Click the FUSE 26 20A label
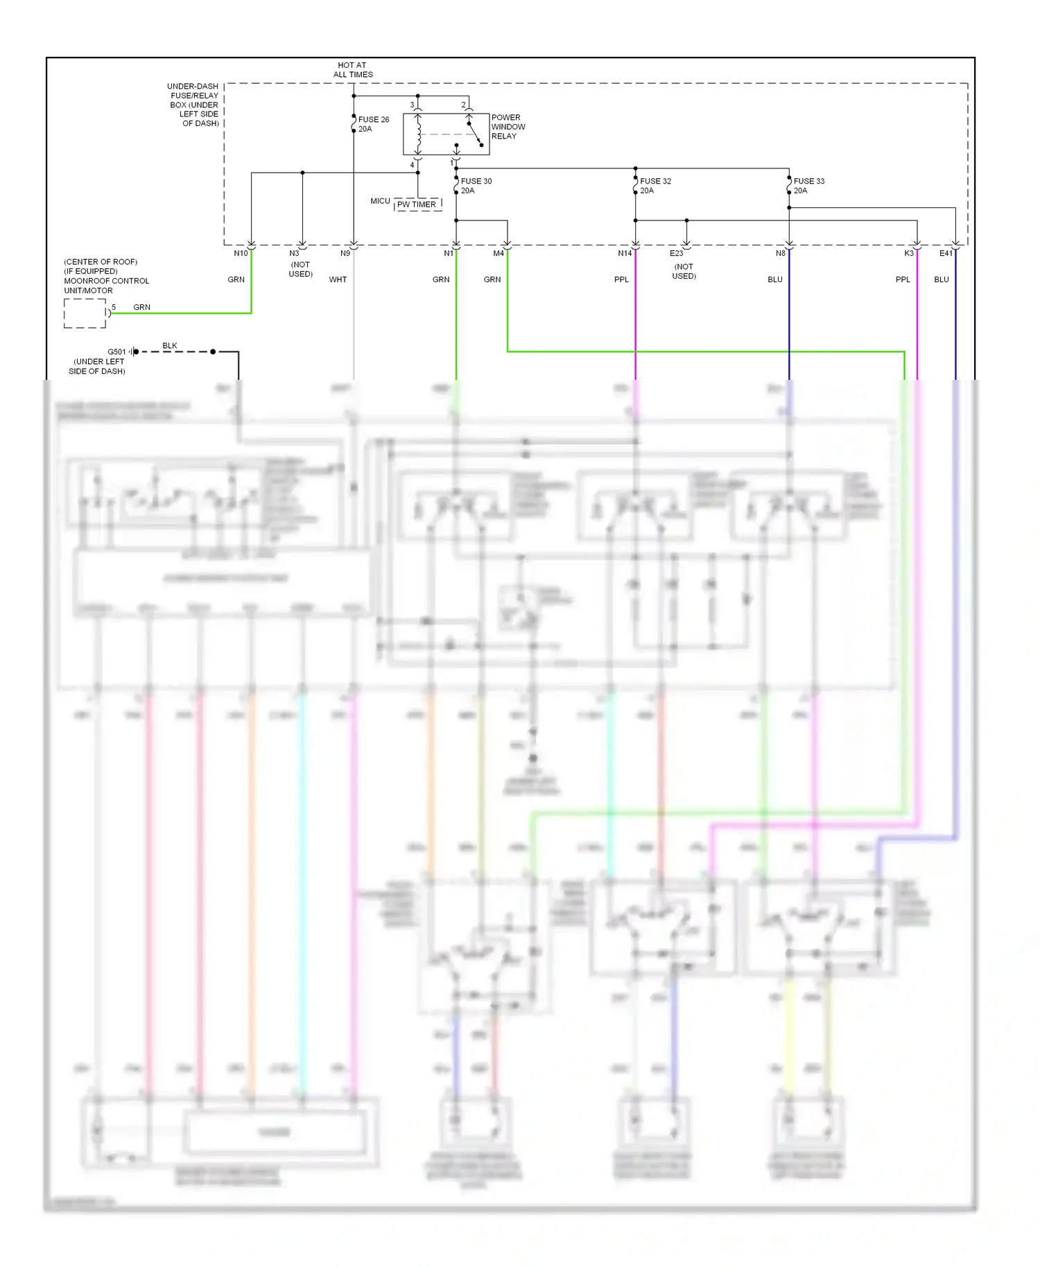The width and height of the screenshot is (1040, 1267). pyautogui.click(x=373, y=124)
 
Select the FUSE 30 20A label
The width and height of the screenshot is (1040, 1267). pyautogui.click(x=476, y=186)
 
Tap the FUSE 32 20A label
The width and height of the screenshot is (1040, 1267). pyautogui.click(x=655, y=186)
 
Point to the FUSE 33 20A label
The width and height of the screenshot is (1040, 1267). pyautogui.click(x=808, y=186)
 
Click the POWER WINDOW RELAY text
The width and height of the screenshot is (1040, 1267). pyautogui.click(x=508, y=127)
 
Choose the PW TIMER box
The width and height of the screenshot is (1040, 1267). pyautogui.click(x=417, y=205)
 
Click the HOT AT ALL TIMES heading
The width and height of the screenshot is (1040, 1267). pyautogui.click(x=353, y=70)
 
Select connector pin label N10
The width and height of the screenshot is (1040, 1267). pyautogui.click(x=241, y=254)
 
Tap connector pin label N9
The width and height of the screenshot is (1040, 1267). pyautogui.click(x=345, y=254)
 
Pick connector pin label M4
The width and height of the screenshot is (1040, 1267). pyautogui.click(x=499, y=254)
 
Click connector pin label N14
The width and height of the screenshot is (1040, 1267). pyautogui.click(x=625, y=254)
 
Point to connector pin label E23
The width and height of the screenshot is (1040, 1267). pyautogui.click(x=676, y=254)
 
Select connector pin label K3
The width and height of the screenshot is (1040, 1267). pyautogui.click(x=908, y=254)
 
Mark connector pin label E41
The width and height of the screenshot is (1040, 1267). pyautogui.click(x=946, y=254)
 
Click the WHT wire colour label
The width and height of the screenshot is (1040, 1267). pyautogui.click(x=338, y=280)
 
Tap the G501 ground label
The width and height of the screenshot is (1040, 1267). pyautogui.click(x=116, y=352)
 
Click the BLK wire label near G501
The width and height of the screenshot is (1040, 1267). pyautogui.click(x=170, y=346)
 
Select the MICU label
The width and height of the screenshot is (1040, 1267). pyautogui.click(x=380, y=202)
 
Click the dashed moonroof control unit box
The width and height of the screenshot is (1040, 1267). pyautogui.click(x=85, y=313)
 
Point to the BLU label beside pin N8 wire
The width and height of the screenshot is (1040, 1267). pyautogui.click(x=775, y=280)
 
